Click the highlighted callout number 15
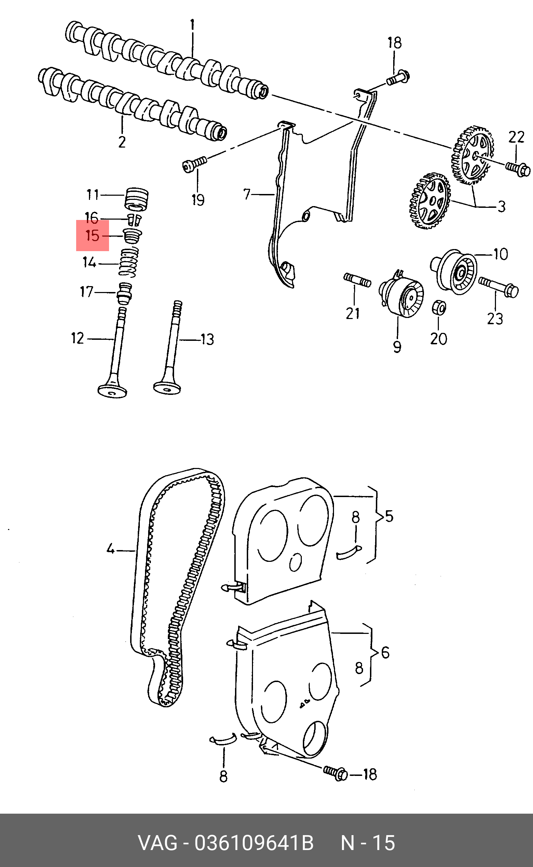pos(92,235)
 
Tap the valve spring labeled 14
pos(128,263)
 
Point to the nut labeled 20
pos(439,307)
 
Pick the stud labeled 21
pos(357,281)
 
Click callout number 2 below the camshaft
pos(121,142)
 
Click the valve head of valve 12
pos(112,391)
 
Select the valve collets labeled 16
pos(134,220)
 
